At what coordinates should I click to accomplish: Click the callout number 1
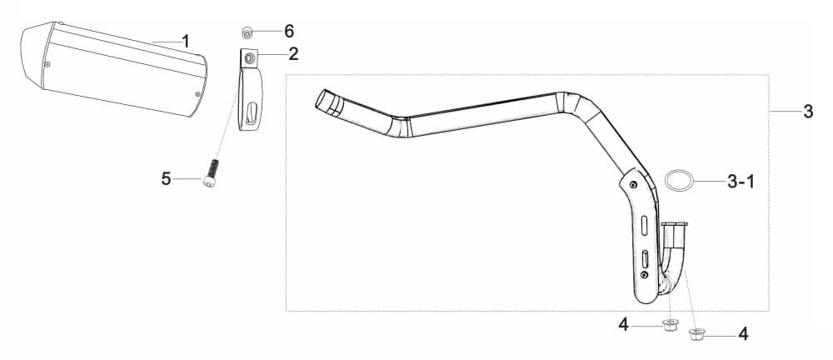tap(186, 41)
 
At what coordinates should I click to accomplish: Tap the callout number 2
tap(293, 53)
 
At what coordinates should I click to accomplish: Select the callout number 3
tap(808, 112)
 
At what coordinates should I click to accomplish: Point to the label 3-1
tap(740, 182)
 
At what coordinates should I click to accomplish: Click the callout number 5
tap(167, 179)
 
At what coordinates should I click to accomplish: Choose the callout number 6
tap(289, 32)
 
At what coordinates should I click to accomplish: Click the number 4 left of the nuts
tap(623, 324)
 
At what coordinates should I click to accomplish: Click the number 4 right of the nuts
tap(743, 334)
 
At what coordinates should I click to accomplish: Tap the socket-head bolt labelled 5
tap(211, 173)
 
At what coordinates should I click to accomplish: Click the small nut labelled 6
tap(247, 32)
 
